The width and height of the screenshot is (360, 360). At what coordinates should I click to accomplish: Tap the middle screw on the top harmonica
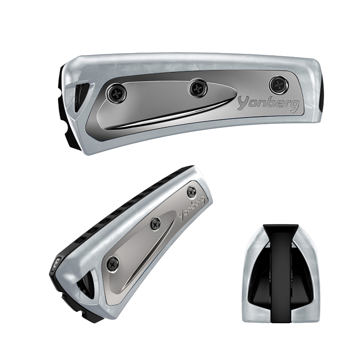coord(197,87)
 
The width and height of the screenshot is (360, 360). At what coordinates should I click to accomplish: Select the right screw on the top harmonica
coord(279,85)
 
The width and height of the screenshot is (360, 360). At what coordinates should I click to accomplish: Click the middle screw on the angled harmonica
coord(155,223)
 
